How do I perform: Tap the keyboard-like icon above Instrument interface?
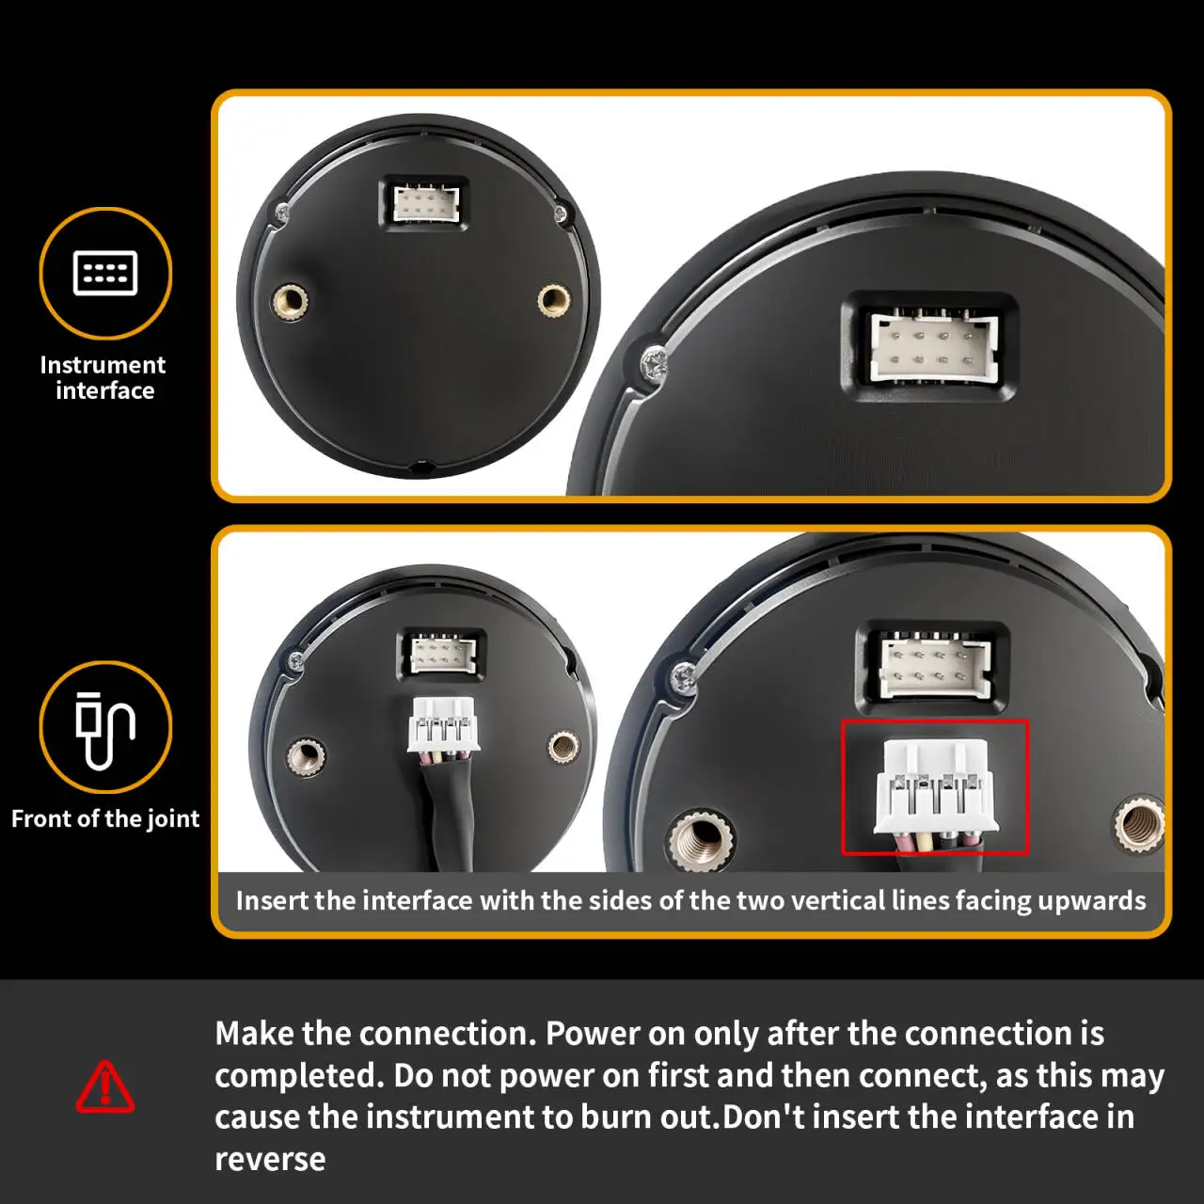[105, 273]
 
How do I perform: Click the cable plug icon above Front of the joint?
[105, 731]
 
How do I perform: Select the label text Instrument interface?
[103, 377]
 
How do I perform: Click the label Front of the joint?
[105, 818]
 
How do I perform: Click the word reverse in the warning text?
[270, 1160]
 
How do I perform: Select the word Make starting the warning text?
[255, 1034]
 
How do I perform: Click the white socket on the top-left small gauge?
[425, 204]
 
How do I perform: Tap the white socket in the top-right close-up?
[934, 346]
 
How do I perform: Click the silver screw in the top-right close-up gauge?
[654, 364]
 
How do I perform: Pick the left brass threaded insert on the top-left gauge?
[290, 302]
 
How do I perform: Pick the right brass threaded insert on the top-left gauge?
[554, 300]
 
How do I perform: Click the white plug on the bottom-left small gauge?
[444, 725]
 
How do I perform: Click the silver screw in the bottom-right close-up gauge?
[684, 678]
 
